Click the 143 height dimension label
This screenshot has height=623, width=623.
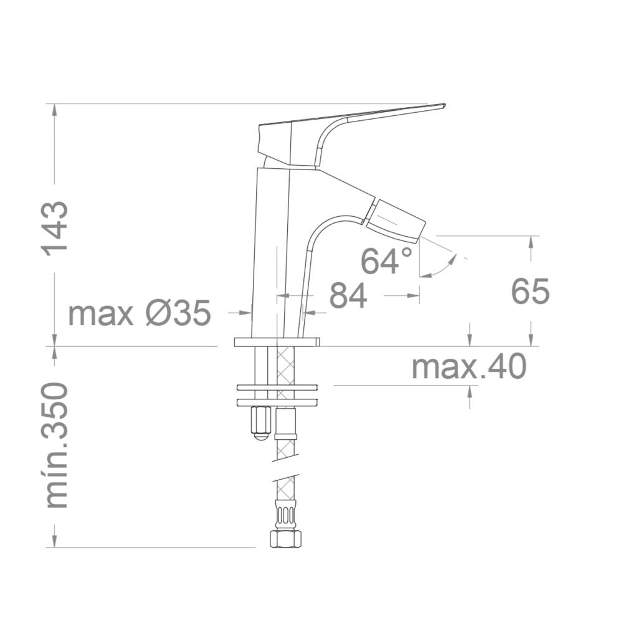click(x=55, y=229)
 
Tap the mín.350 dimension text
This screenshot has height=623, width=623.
click(x=57, y=445)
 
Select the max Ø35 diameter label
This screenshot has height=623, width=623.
click(x=139, y=313)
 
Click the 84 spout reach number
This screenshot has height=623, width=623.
click(x=348, y=295)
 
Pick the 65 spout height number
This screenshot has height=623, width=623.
click(x=530, y=291)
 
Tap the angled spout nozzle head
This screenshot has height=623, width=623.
click(x=394, y=221)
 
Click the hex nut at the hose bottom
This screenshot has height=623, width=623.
click(x=286, y=539)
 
